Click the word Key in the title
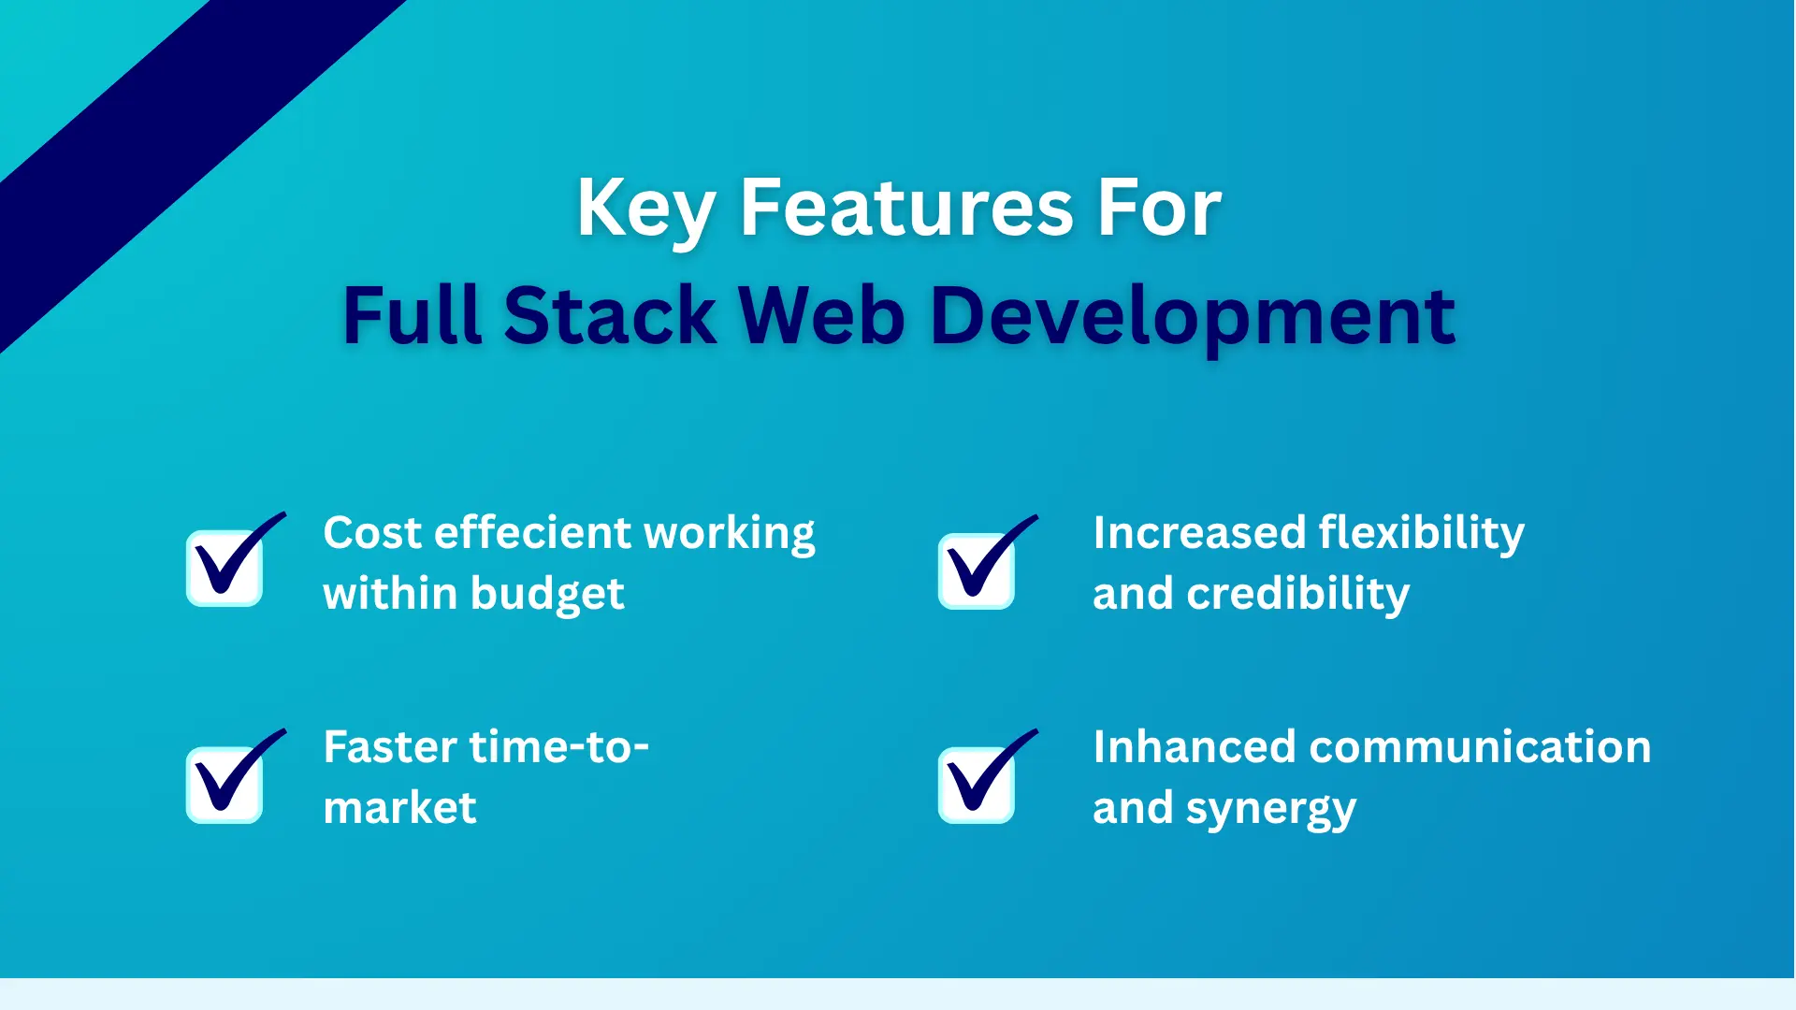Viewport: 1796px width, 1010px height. tap(645, 209)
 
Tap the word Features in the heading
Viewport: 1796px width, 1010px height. tap(906, 208)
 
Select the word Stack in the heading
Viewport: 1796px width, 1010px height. tap(610, 316)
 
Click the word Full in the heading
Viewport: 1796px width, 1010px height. tap(412, 316)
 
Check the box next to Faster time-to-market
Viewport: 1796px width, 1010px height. tap(224, 784)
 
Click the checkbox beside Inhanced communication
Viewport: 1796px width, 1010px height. tap(977, 784)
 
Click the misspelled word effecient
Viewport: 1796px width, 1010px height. tap(533, 533)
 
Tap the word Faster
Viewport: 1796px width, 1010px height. tap(390, 747)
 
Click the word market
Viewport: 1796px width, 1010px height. tap(399, 808)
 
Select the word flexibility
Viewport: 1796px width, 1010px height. tap(1421, 533)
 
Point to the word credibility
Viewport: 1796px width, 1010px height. tap(1297, 595)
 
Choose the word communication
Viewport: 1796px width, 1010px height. tap(1480, 747)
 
